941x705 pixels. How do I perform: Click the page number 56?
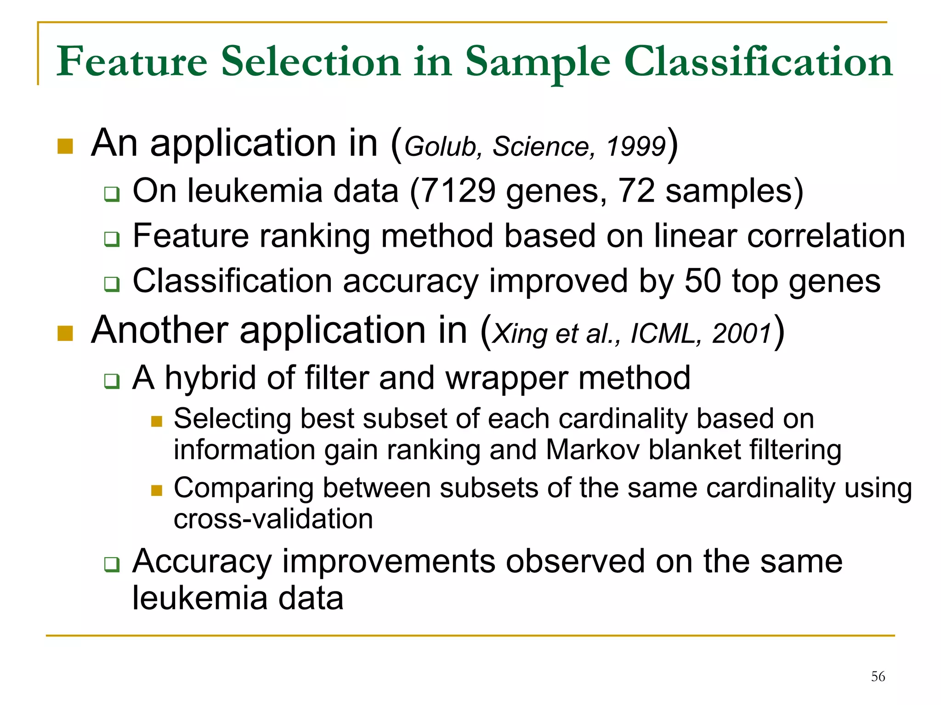(x=878, y=676)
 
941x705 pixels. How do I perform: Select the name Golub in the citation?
(x=441, y=147)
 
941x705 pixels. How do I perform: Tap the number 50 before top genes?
(x=703, y=281)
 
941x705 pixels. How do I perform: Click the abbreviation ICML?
(x=663, y=333)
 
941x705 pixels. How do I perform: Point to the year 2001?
(x=742, y=333)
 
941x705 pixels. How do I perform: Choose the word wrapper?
(x=506, y=378)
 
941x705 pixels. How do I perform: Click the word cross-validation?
(x=273, y=519)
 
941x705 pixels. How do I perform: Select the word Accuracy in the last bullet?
(x=202, y=562)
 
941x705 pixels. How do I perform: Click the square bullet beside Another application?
(x=65, y=334)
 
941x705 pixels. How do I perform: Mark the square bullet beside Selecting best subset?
(x=157, y=421)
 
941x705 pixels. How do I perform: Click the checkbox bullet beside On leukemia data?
(x=112, y=194)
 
